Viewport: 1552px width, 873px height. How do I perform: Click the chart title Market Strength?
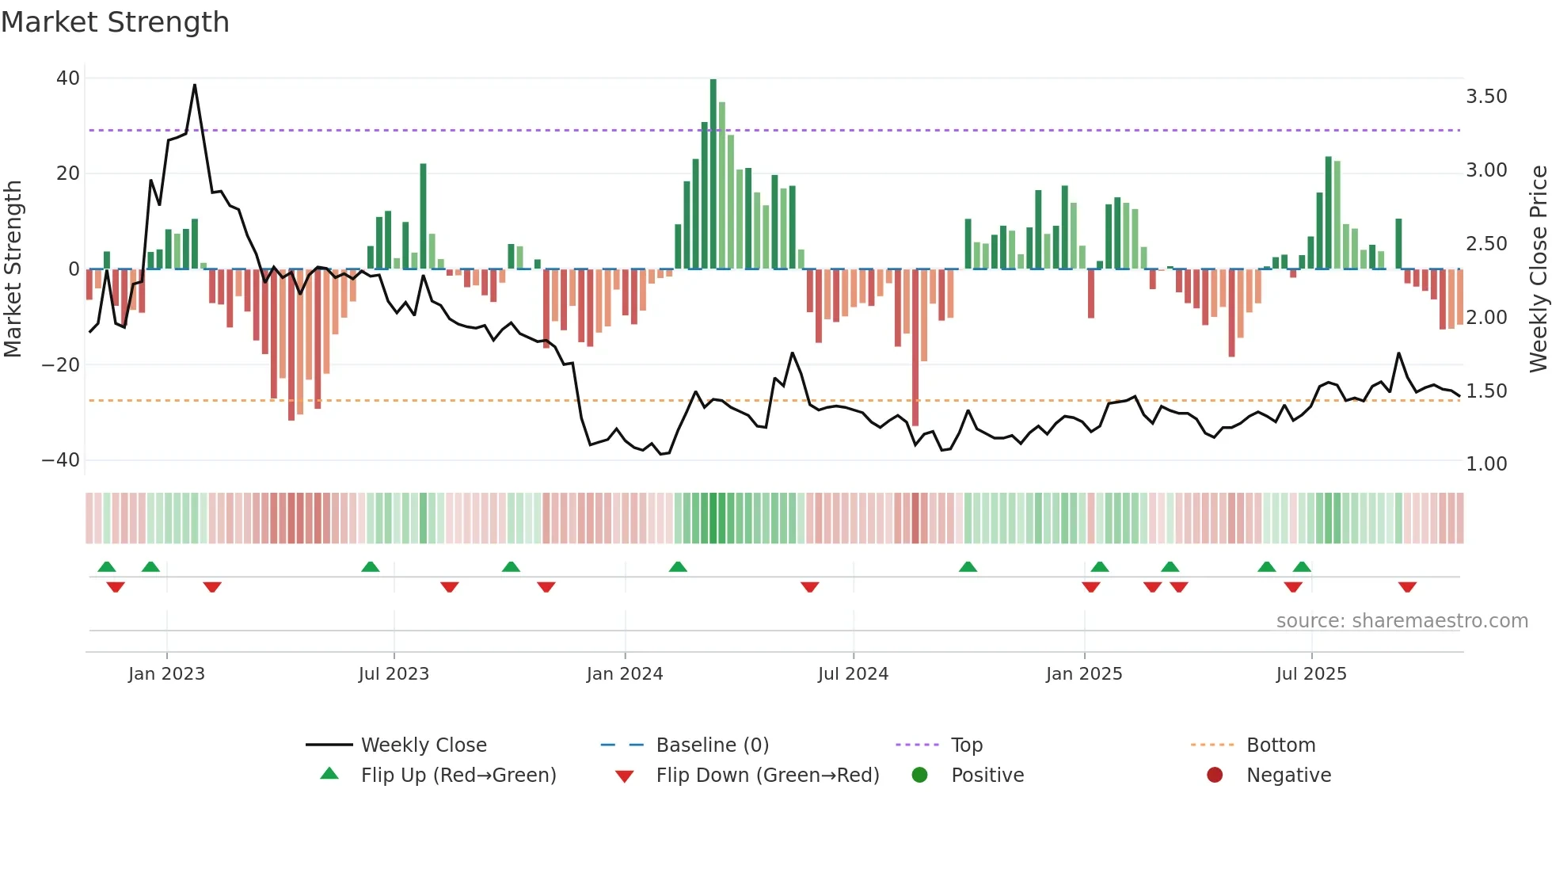tap(115, 22)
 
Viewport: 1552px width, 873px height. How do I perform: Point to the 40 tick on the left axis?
tap(67, 78)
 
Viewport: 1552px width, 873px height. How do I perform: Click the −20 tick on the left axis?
tap(61, 365)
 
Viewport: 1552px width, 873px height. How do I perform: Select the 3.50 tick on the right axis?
tap(1486, 97)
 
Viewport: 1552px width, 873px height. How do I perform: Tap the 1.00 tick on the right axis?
tap(1486, 464)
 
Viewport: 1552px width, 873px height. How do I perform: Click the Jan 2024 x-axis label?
tap(624, 674)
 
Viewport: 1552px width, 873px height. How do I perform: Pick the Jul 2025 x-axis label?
tap(1310, 674)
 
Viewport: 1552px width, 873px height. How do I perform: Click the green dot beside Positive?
tap(919, 776)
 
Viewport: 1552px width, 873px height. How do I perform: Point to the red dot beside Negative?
tap(1215, 776)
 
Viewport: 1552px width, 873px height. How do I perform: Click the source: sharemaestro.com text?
tap(1402, 621)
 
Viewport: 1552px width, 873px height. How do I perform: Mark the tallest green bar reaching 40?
tap(713, 174)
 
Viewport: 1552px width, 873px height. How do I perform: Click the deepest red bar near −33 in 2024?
tap(915, 349)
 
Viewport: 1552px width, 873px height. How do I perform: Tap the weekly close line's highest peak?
tap(195, 86)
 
